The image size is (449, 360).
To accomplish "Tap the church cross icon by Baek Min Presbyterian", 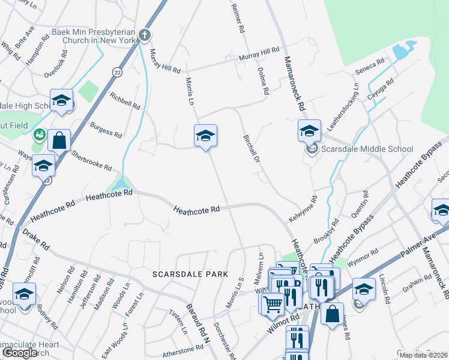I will click(144, 35).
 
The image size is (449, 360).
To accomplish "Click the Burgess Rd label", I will click(106, 128).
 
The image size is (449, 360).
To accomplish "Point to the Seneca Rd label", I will click(373, 64).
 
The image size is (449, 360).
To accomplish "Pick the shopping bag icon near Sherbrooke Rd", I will click(59, 141).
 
